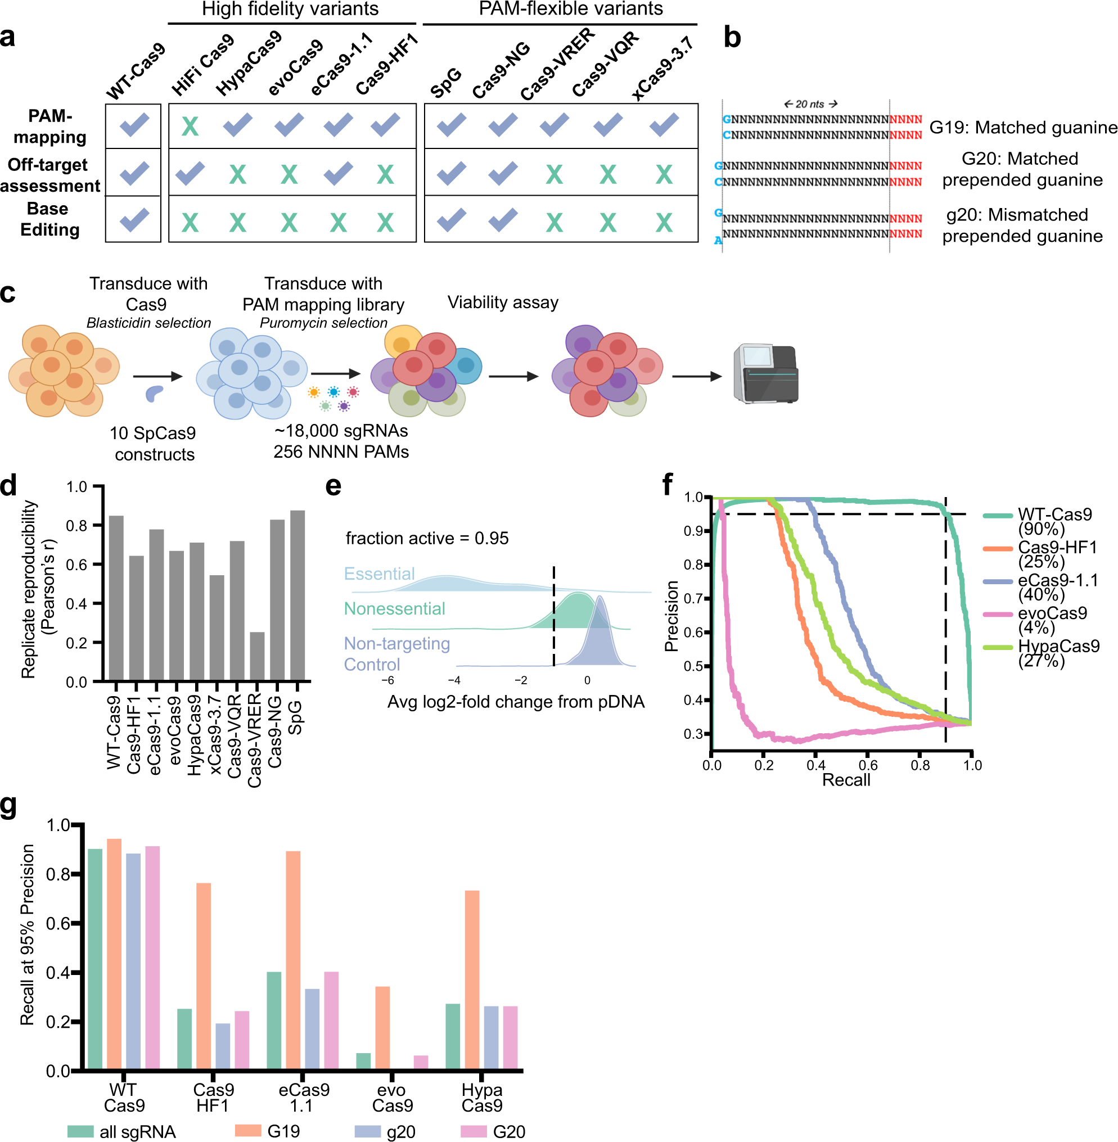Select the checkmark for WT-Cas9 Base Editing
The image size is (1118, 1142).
click(x=134, y=220)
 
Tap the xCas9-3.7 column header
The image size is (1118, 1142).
click(x=662, y=67)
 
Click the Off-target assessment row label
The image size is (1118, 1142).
click(x=49, y=175)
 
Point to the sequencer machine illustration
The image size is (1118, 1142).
click(x=766, y=374)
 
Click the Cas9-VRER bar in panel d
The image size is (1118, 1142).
click(x=256, y=656)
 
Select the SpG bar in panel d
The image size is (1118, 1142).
click(x=297, y=595)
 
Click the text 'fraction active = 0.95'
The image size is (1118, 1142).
click(x=427, y=538)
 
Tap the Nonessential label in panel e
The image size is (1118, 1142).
click(x=394, y=608)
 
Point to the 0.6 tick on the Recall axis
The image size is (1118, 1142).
click(x=868, y=765)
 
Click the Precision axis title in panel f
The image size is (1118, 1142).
click(x=671, y=616)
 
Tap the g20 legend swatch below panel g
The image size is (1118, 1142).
click(x=368, y=1131)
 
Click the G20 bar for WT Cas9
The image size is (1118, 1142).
click(x=152, y=956)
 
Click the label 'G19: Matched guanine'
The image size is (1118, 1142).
click(x=1022, y=128)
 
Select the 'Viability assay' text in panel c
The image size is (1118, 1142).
click(x=503, y=303)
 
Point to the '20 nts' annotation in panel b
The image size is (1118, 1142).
click(x=810, y=104)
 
